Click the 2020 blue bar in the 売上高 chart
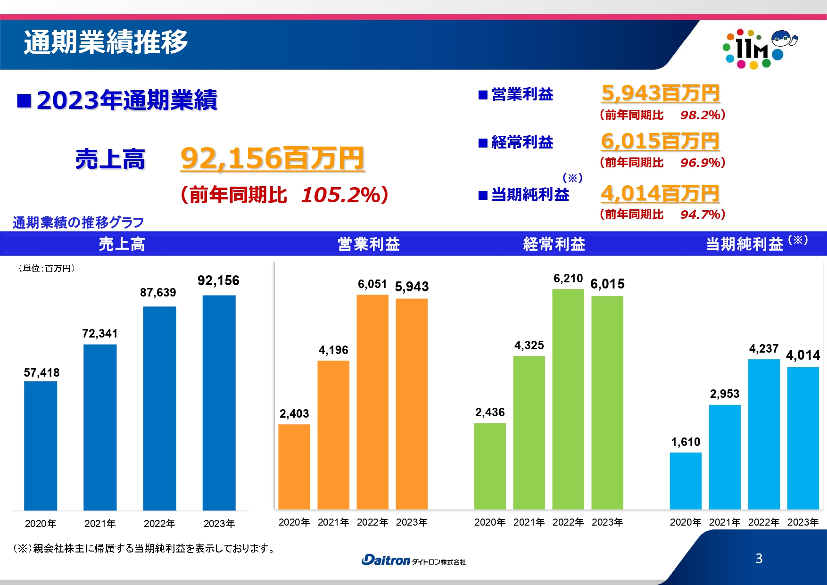pyautogui.click(x=41, y=445)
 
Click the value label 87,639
pyautogui.click(x=158, y=293)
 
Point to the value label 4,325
pyautogui.click(x=529, y=346)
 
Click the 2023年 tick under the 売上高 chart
pyautogui.click(x=219, y=523)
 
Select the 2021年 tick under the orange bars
pyautogui.click(x=333, y=522)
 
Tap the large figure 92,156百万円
pyautogui.click(x=273, y=158)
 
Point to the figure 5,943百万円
pyautogui.click(x=660, y=93)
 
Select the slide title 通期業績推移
pyautogui.click(x=106, y=42)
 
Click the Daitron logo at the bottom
pyautogui.click(x=413, y=560)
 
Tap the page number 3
pyautogui.click(x=759, y=559)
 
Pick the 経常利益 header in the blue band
pyautogui.click(x=554, y=244)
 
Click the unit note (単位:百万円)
pyautogui.click(x=47, y=268)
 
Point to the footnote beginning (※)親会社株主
pyautogui.click(x=144, y=548)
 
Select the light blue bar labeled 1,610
pyautogui.click(x=686, y=481)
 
